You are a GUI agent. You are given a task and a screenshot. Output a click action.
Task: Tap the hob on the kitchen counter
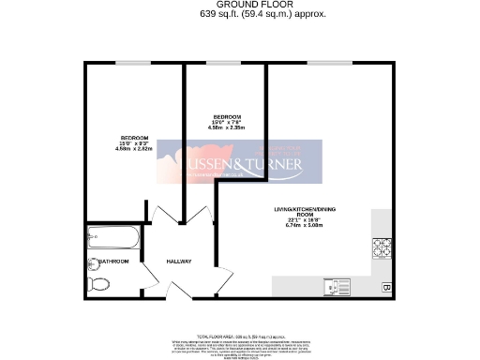click(x=382, y=248)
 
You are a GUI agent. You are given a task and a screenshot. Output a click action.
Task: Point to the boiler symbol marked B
click(x=385, y=287)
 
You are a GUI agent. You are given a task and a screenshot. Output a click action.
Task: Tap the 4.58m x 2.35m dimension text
click(x=225, y=127)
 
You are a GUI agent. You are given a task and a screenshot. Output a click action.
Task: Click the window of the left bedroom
click(x=132, y=63)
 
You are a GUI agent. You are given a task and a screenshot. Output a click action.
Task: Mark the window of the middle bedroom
click(x=224, y=63)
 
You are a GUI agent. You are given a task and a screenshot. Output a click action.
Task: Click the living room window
click(x=323, y=63)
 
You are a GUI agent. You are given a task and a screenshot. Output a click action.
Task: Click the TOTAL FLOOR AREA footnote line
click(x=242, y=335)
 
